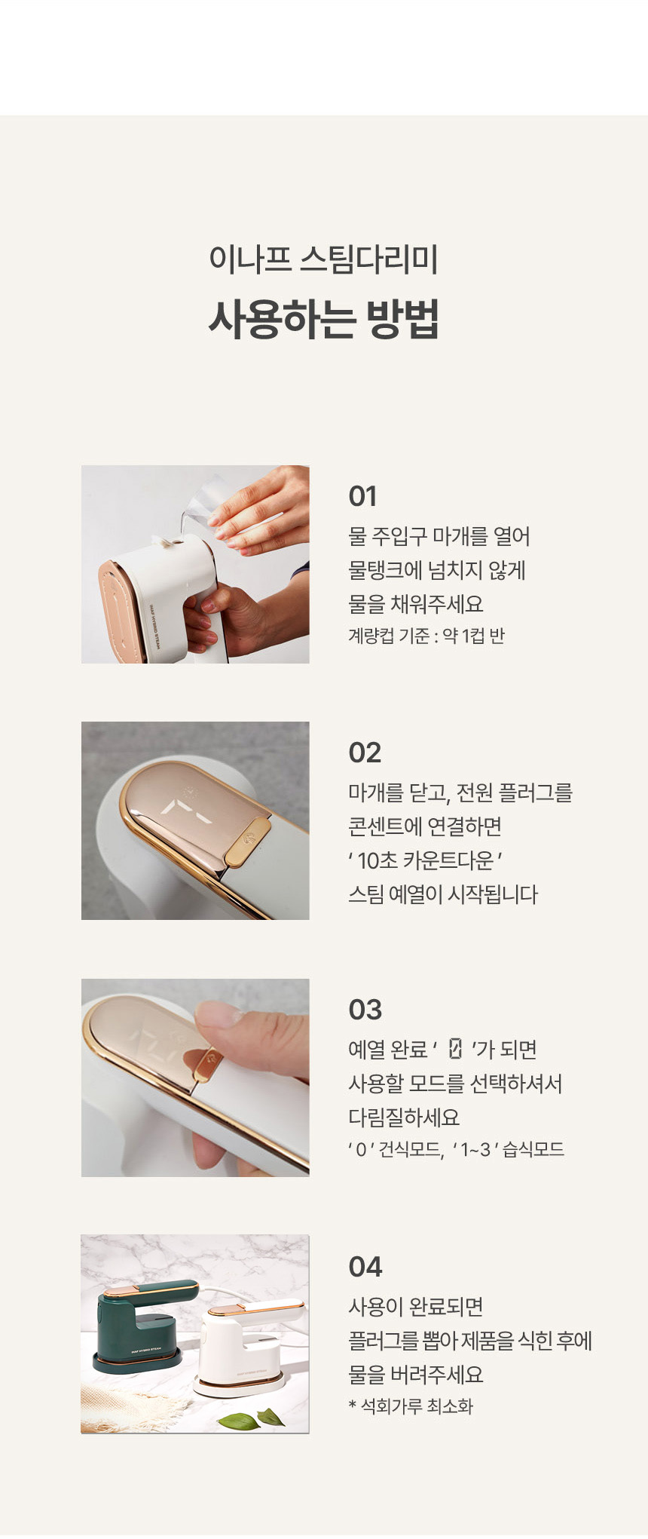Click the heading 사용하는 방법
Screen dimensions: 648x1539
pos(324,320)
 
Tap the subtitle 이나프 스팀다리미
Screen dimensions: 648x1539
pos(324,259)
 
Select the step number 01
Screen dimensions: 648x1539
pos(362,496)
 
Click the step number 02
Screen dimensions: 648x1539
pos(365,753)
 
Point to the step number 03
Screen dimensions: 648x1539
pos(365,1010)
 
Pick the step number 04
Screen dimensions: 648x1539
pos(365,1267)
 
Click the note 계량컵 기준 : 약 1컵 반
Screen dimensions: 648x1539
pos(426,636)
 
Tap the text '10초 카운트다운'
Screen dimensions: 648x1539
pos(426,860)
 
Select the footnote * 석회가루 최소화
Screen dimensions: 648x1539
pos(411,1406)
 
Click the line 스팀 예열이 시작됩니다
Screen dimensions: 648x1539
pos(443,894)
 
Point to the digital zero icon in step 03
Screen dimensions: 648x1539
pos(455,1049)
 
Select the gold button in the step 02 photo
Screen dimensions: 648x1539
pos(247,842)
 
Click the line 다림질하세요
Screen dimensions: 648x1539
pos(404,1117)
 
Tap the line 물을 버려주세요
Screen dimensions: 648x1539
pos(416,1375)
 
